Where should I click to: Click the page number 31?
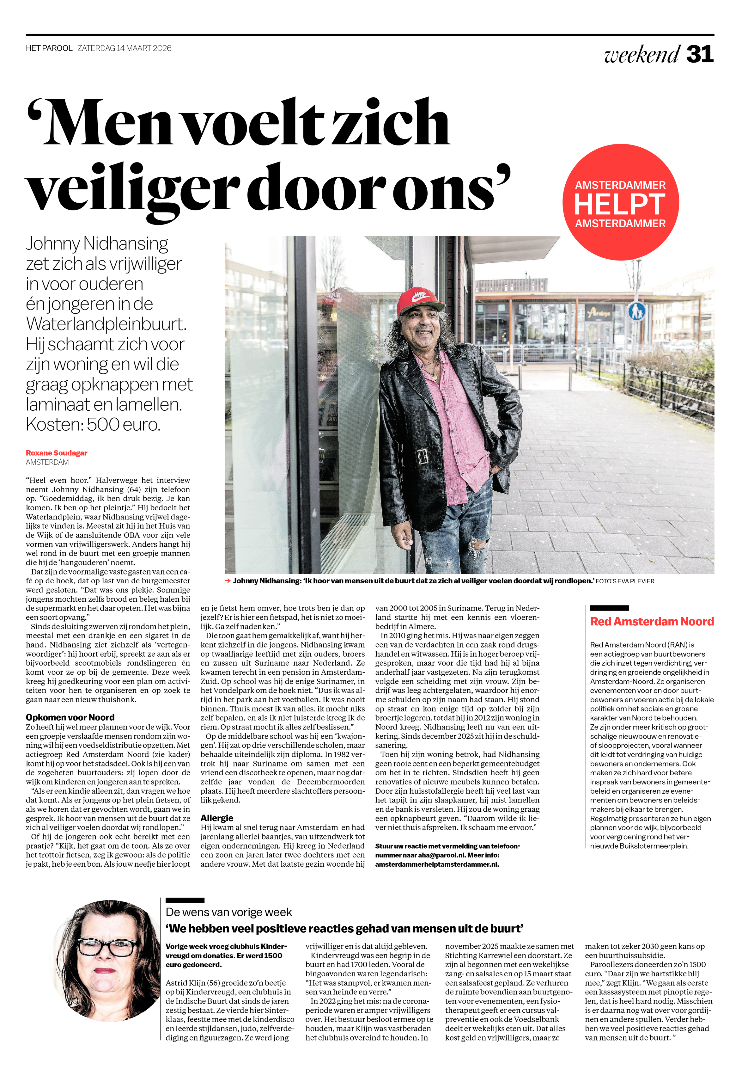(x=699, y=54)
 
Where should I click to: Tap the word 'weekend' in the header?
(x=641, y=54)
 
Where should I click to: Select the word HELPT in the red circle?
(x=619, y=204)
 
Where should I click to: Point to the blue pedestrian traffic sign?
(x=636, y=311)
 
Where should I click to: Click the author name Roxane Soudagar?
(x=57, y=453)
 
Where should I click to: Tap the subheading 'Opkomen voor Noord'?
(x=70, y=717)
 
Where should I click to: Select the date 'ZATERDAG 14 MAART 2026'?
(x=125, y=48)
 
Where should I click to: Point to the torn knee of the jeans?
(x=477, y=545)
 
